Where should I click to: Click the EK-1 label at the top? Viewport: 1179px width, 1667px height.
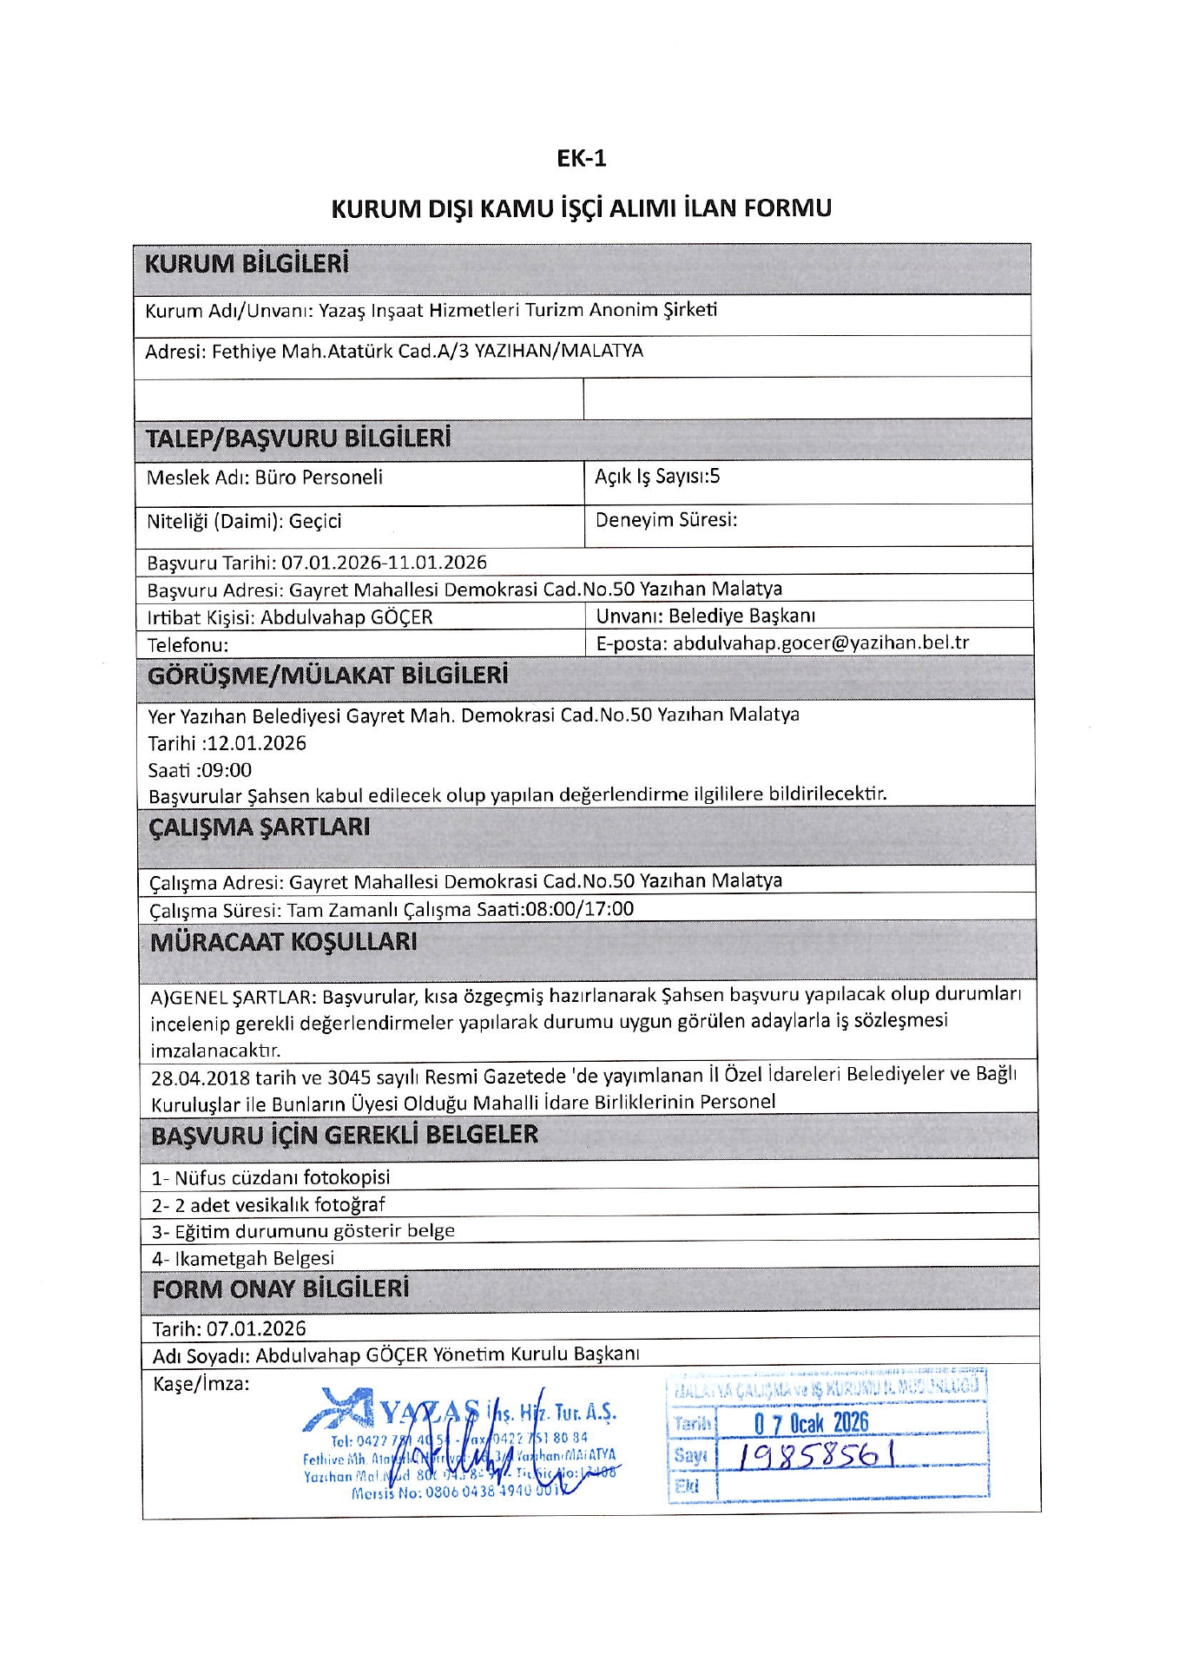(581, 158)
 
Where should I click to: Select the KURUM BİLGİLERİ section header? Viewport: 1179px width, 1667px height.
(247, 264)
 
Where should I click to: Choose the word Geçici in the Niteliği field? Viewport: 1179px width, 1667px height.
(315, 521)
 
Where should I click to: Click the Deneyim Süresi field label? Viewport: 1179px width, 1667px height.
(666, 520)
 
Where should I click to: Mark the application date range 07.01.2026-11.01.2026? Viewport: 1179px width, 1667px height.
(384, 563)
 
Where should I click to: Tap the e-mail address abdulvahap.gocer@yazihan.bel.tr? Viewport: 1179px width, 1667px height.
(820, 642)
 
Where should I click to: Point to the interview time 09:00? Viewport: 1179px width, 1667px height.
(227, 770)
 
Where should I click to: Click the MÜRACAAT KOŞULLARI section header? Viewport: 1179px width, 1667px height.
(284, 942)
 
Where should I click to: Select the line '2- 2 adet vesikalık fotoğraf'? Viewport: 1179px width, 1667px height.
(268, 1204)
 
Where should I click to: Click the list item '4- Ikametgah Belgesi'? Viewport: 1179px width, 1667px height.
(243, 1258)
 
